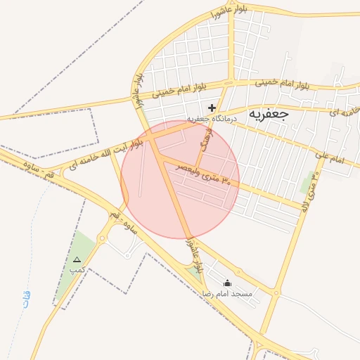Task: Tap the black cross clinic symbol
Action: (212, 108)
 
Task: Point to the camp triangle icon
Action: (77, 260)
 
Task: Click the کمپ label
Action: (77, 270)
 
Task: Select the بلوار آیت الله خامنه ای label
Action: (105, 154)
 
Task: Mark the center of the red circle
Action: (180, 179)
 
